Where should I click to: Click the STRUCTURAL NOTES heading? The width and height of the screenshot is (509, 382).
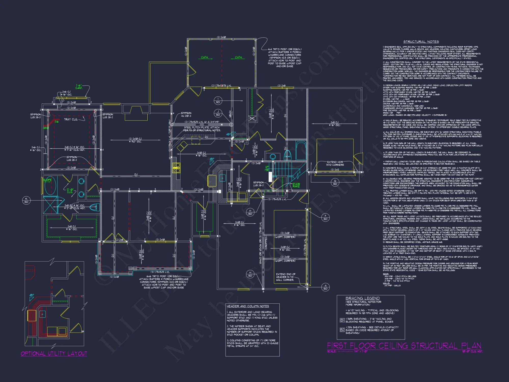(x=421, y=42)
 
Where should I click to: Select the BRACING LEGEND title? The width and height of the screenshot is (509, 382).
(x=362, y=298)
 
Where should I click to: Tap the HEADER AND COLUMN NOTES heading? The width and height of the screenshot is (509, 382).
(x=248, y=306)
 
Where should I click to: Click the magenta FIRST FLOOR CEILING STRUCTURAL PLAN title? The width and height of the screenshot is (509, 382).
(x=404, y=346)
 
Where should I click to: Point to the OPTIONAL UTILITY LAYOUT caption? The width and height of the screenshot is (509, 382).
(x=54, y=353)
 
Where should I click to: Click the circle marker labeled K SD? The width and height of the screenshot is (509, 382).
(x=26, y=200)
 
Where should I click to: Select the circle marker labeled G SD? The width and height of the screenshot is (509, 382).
(x=335, y=182)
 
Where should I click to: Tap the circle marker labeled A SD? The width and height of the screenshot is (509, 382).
(x=326, y=287)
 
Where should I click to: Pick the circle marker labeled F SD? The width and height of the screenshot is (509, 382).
(x=325, y=217)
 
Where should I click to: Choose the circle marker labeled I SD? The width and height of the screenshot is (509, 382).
(x=218, y=100)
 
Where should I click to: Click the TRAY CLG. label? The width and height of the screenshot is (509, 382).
(x=71, y=119)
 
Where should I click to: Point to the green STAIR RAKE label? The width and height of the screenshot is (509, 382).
(x=296, y=185)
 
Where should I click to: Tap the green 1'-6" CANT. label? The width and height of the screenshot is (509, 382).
(x=79, y=87)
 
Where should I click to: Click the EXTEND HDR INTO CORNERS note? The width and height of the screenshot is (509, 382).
(x=335, y=163)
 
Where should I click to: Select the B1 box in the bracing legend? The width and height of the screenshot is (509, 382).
(x=342, y=320)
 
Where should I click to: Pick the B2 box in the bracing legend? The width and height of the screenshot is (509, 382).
(x=342, y=330)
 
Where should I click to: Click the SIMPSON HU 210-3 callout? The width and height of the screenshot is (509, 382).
(x=186, y=114)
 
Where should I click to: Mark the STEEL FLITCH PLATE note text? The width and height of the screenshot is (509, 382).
(x=202, y=129)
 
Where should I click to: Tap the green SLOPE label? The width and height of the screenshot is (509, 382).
(x=47, y=180)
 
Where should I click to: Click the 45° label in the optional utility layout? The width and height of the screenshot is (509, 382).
(x=32, y=295)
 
